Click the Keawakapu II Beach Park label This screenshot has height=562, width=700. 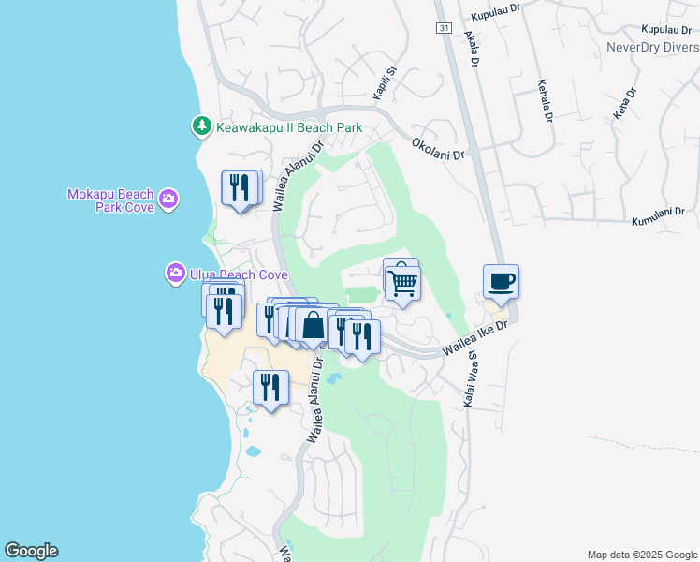point(289,126)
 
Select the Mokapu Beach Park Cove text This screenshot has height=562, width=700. point(109,200)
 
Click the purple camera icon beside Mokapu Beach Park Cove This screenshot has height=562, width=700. point(168,198)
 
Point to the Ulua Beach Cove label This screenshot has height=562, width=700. point(238,274)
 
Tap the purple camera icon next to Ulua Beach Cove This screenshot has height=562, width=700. point(175,274)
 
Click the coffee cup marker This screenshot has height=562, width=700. point(501,281)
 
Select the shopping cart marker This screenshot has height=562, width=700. point(402,281)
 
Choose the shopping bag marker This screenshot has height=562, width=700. point(313,326)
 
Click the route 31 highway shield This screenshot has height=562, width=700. point(444,27)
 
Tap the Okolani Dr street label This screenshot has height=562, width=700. point(438,149)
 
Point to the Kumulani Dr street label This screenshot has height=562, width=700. point(660,214)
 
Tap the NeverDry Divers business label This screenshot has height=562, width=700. point(652,47)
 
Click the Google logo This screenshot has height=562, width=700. point(31,551)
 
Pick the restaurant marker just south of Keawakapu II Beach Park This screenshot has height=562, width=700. point(240,187)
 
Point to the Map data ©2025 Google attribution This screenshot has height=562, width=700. point(641,555)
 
